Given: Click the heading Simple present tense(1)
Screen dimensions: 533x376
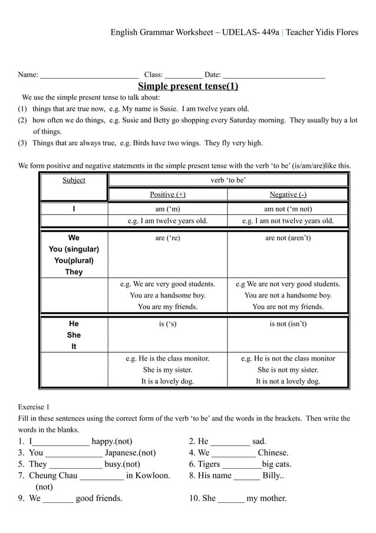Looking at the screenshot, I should coord(187,87).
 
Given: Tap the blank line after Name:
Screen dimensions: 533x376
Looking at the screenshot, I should coord(89,76).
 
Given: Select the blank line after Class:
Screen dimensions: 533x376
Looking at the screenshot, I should coord(184,76).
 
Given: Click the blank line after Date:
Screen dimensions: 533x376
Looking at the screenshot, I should coord(274,76).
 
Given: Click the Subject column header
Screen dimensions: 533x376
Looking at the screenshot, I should coord(74,180).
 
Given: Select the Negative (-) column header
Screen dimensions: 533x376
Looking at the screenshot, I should coord(288,195).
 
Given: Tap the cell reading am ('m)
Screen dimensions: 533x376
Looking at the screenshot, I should coord(167,209).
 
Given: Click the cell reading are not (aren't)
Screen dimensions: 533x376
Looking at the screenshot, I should coord(288,238).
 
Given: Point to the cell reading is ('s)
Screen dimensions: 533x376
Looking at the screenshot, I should coord(167,324).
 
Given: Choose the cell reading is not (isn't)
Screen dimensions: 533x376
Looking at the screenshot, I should coord(288,324).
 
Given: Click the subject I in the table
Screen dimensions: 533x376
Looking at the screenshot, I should coord(74,209).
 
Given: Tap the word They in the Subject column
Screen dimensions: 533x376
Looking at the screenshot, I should coord(74,272).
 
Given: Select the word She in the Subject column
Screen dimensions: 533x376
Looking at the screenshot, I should coord(74,335).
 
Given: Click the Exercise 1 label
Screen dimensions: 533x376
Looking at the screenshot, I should coord(34,407).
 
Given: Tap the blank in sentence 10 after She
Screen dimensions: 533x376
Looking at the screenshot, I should coord(231,499).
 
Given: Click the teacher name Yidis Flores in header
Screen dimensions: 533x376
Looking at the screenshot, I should coord(333,32).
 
